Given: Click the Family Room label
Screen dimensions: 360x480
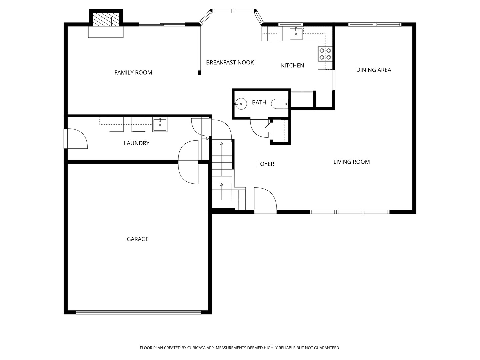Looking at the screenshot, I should (x=133, y=72).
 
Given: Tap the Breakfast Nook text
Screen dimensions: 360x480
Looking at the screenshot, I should (x=230, y=62).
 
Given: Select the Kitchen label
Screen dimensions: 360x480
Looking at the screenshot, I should (x=292, y=65).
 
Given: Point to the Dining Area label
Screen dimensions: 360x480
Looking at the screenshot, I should (x=373, y=70).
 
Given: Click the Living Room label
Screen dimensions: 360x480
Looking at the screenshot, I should (x=351, y=162).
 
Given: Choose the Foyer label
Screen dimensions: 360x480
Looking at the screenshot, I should (x=265, y=164).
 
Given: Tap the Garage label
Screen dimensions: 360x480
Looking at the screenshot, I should (x=137, y=239).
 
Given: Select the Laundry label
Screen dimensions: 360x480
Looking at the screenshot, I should (x=136, y=143).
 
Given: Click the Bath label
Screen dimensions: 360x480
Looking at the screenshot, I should (x=259, y=102).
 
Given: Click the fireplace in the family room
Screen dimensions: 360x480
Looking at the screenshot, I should (x=106, y=20).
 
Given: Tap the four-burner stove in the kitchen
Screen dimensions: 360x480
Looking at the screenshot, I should (x=325, y=54).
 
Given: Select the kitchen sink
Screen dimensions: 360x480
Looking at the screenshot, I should (x=296, y=34).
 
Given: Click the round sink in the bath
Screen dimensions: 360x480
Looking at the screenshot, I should (x=240, y=104).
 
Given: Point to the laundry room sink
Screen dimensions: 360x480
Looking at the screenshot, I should (x=160, y=125).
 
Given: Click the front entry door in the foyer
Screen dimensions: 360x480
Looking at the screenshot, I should (x=265, y=211).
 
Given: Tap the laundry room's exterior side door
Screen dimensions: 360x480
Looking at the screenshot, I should (x=66, y=138).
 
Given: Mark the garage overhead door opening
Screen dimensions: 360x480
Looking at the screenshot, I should (x=139, y=312).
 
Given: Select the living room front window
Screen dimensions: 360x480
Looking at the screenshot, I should (x=350, y=212).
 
